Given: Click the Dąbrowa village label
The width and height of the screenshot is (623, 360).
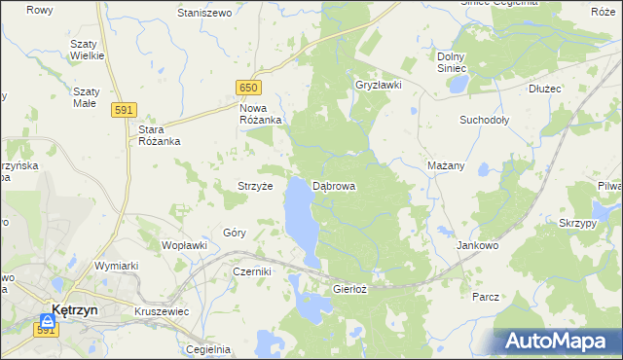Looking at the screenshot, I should tap(334, 185).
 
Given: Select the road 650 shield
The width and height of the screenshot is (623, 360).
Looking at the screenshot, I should tap(247, 88).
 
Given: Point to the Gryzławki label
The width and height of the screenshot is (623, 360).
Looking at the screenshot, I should tap(379, 85).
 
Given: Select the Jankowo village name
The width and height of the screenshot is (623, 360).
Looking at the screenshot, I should tap(477, 246).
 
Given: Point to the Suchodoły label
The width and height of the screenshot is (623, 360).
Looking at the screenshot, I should tap(484, 120).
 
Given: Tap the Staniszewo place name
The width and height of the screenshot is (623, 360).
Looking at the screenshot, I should tap(204, 13).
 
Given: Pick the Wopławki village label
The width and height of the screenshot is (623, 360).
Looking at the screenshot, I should tap(185, 245).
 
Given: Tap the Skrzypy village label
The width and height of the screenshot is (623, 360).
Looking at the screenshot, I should tap(578, 223).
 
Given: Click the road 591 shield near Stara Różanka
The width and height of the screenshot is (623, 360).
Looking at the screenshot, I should tap(123, 111).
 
